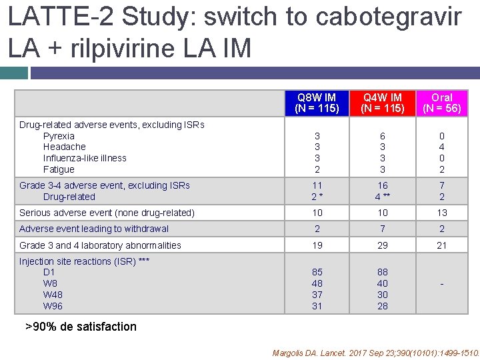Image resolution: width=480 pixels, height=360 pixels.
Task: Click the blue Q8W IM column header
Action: click(317, 103)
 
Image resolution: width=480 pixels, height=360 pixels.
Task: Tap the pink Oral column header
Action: click(441, 103)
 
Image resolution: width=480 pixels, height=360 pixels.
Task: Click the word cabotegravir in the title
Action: click(388, 17)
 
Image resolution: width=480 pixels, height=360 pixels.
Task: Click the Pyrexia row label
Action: click(59, 136)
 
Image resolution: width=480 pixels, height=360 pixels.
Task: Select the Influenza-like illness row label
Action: click(85, 158)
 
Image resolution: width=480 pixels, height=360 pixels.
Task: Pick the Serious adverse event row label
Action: click(107, 213)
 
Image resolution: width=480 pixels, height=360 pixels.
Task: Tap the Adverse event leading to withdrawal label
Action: click(94, 229)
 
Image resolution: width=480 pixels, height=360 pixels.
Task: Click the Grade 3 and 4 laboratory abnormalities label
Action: click(100, 245)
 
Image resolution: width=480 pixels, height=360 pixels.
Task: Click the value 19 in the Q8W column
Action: click(317, 245)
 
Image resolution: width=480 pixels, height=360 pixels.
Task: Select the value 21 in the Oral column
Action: click(441, 245)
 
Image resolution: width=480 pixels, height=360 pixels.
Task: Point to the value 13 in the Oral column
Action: click(441, 213)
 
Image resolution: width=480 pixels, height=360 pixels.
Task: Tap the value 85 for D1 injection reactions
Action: click(317, 272)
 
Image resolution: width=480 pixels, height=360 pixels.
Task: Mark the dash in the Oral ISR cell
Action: click(441, 284)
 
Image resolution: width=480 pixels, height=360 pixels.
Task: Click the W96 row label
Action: click(53, 306)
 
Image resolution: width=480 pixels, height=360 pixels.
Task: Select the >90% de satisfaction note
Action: click(81, 327)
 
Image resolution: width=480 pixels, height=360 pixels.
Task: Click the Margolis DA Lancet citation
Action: click(376, 353)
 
